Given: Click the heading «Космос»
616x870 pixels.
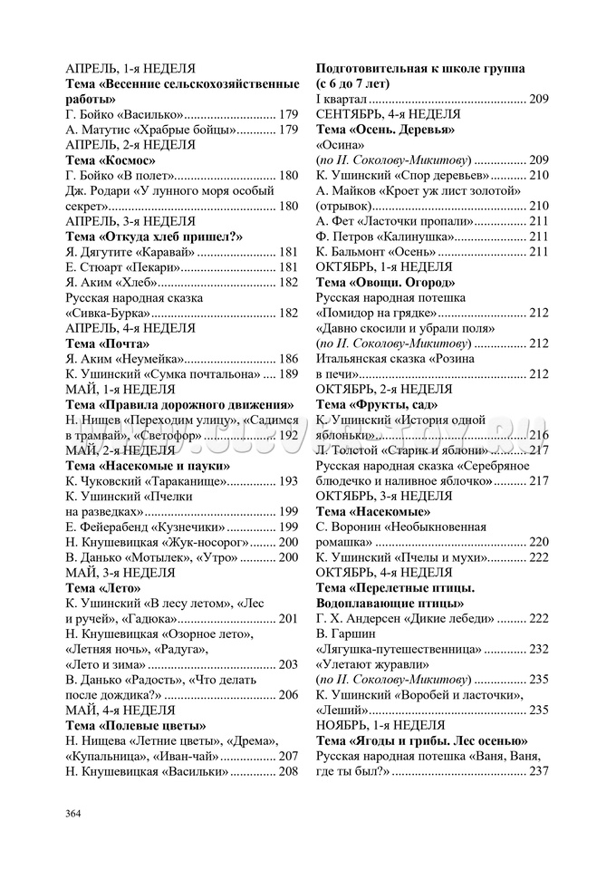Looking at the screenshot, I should point(129,159).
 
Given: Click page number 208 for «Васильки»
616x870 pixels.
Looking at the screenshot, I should point(287,771).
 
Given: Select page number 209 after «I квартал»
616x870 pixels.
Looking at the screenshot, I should point(538,99).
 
